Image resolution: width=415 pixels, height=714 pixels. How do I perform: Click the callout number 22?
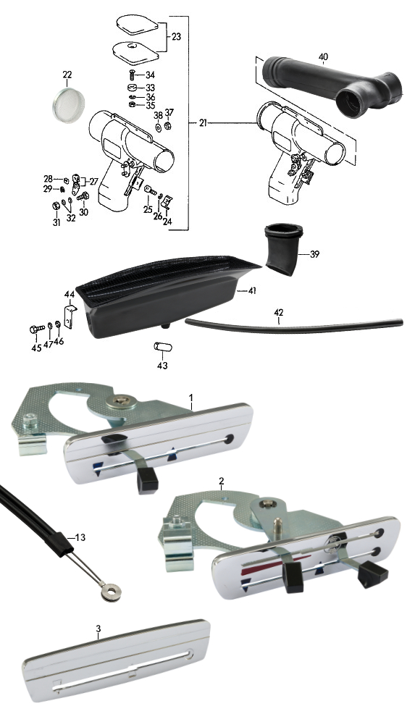[x=67, y=75]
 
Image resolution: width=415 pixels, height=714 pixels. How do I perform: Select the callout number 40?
[x=323, y=57]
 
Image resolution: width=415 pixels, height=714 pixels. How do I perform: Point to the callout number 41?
[x=251, y=290]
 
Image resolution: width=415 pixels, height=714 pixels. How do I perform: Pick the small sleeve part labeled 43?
[x=163, y=348]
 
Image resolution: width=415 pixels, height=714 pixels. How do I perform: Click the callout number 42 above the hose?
[x=279, y=313]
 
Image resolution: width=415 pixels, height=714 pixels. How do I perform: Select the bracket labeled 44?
[x=70, y=315]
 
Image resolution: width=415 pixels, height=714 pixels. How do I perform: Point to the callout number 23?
[x=176, y=36]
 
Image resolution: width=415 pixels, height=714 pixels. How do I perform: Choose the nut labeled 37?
[x=167, y=125]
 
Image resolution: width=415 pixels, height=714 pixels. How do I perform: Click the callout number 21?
[x=204, y=123]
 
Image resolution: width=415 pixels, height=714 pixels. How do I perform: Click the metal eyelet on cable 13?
[x=109, y=591]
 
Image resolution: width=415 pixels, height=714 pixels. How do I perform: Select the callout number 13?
[x=80, y=538]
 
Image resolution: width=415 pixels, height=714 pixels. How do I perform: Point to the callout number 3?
[x=98, y=629]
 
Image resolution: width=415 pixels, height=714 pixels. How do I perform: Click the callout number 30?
[x=84, y=211]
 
